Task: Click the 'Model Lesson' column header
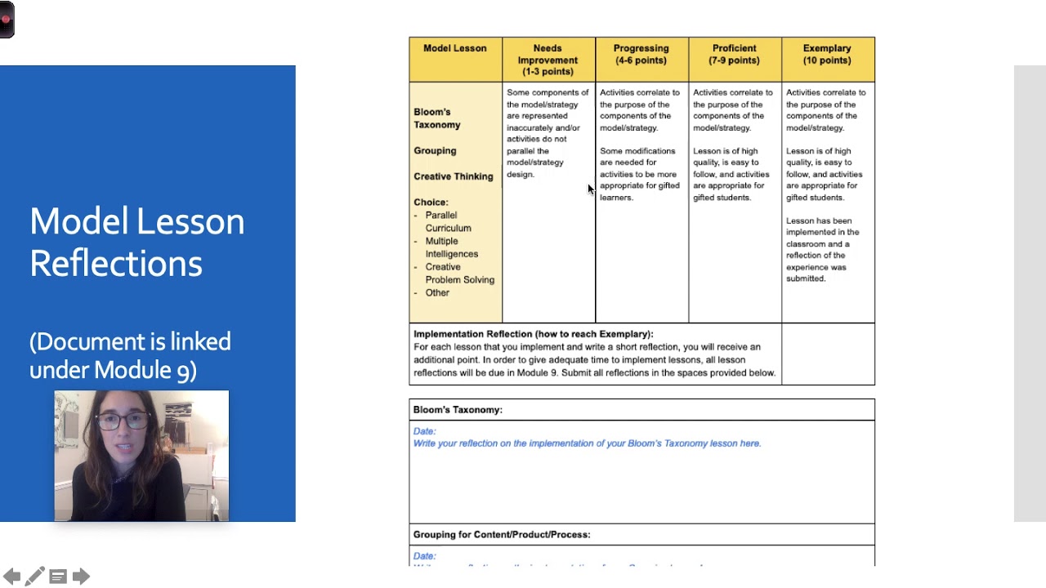[455, 49]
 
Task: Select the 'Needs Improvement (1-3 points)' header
[548, 60]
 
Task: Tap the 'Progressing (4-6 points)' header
[641, 54]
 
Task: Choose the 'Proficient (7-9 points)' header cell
[734, 54]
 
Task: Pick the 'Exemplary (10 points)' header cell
[827, 54]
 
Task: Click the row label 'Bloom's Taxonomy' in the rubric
[436, 118]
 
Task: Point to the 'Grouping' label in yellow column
[435, 151]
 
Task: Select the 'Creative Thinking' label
[453, 176]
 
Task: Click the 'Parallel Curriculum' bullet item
[447, 221]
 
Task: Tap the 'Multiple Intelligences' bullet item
[451, 247]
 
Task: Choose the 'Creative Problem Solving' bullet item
[459, 274]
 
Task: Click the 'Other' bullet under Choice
[437, 293]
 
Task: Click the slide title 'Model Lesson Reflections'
[136, 242]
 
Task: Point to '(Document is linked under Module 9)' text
[130, 355]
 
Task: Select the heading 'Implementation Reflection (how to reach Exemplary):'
[533, 334]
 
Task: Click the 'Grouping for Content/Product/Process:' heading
[501, 535]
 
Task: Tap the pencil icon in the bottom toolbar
[34, 577]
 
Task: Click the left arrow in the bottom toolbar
[11, 577]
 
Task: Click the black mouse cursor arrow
[591, 189]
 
